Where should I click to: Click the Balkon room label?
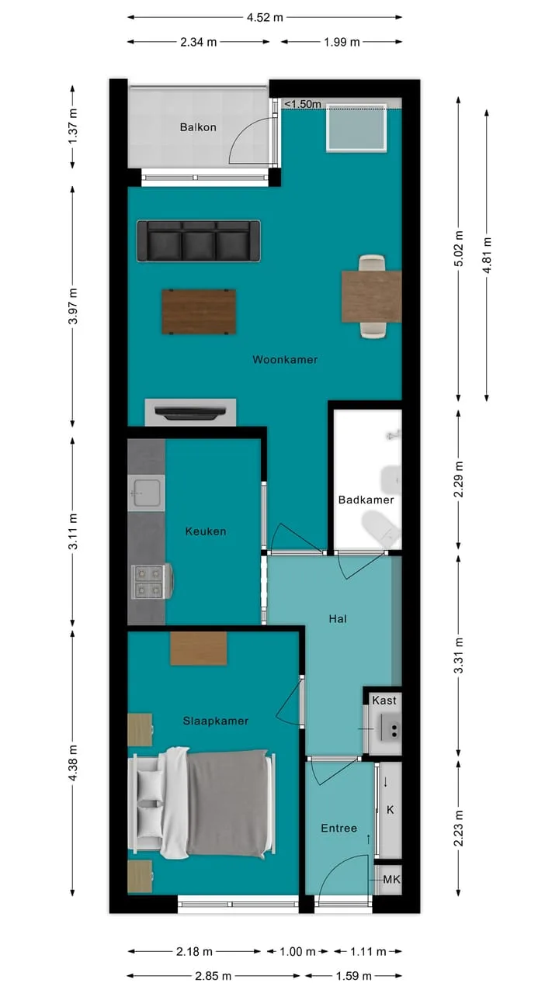[x=198, y=128]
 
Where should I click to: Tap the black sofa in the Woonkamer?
[x=199, y=240]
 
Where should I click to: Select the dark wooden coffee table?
[x=199, y=312]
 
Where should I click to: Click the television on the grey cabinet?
[x=190, y=413]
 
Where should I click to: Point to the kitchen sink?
[x=146, y=493]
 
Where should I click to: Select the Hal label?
[x=338, y=619]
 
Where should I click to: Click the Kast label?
[x=384, y=701]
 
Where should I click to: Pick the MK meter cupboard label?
[x=391, y=879]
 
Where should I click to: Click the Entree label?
[x=339, y=828]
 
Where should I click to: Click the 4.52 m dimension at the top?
[x=265, y=17]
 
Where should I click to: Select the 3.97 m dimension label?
[x=73, y=306]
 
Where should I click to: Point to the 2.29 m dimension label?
[x=459, y=479]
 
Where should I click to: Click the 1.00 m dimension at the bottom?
[x=297, y=951]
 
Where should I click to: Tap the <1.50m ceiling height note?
[x=303, y=104]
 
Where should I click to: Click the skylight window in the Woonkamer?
[x=356, y=128]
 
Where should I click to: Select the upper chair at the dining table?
[x=372, y=263]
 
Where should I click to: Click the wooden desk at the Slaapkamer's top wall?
[x=198, y=648]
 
